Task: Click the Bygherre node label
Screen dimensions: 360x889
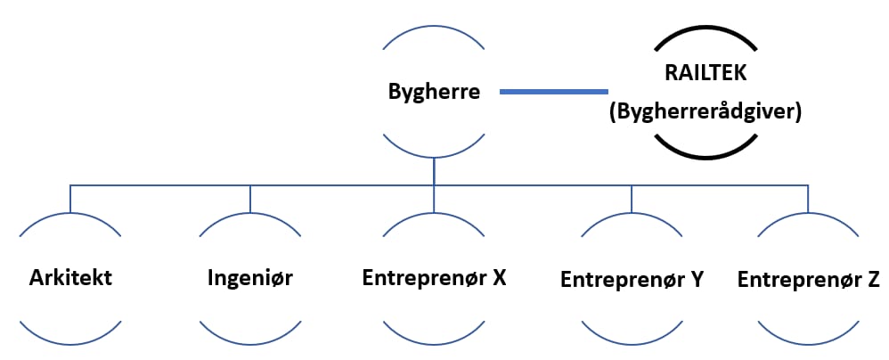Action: tap(434, 92)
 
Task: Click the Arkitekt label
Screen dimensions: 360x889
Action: tap(70, 277)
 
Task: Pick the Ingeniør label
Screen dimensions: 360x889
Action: tap(249, 277)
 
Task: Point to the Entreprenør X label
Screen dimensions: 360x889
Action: tap(434, 277)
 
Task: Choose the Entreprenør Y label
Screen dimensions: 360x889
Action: tap(632, 279)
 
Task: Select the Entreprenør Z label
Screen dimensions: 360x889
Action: tap(808, 279)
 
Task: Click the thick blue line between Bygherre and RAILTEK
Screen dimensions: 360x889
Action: tap(553, 91)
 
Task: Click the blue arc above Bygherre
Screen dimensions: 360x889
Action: tap(434, 27)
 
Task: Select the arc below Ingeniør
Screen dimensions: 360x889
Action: tap(249, 342)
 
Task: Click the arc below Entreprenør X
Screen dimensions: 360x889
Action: tap(434, 342)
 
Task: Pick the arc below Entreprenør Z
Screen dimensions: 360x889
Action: tap(808, 342)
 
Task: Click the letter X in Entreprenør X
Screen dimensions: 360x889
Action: tap(499, 277)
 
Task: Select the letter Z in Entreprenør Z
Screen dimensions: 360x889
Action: tap(873, 279)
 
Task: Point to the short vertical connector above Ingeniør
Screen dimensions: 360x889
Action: tap(250, 199)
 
